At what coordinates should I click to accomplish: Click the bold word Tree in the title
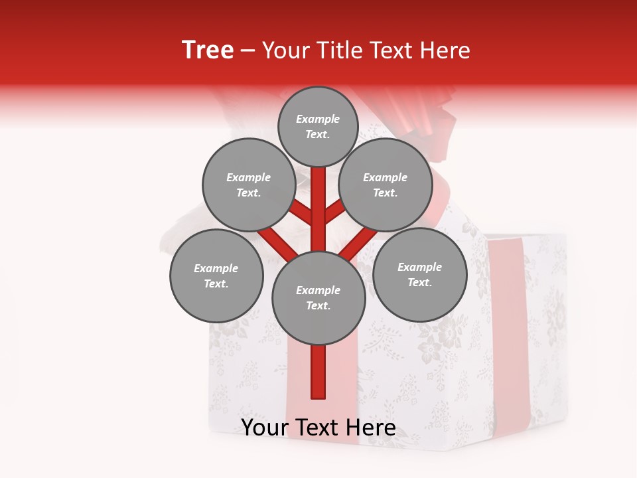(x=208, y=50)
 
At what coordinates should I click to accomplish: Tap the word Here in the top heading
(x=445, y=50)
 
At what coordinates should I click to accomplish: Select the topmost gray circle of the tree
(x=318, y=126)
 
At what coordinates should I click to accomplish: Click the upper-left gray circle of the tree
(x=248, y=185)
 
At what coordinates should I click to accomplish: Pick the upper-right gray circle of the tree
(x=385, y=185)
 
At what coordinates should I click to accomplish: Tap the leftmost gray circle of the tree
(x=216, y=276)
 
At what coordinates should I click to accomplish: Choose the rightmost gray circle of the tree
(x=419, y=274)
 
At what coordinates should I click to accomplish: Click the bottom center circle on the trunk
(x=318, y=298)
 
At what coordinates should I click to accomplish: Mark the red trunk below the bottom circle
(x=318, y=372)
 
